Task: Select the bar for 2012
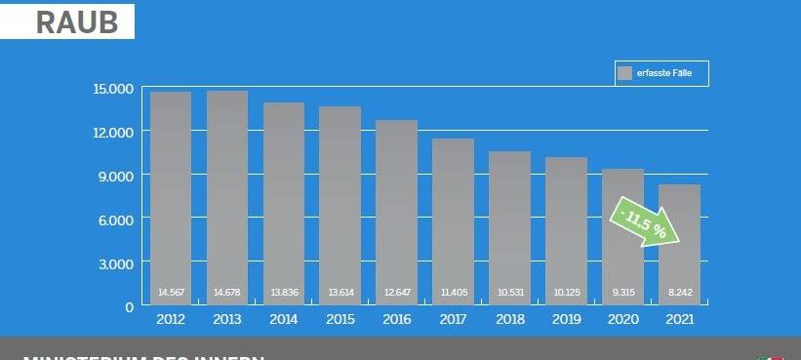(x=171, y=195)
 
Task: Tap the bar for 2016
(x=397, y=210)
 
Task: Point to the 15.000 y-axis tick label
(x=113, y=89)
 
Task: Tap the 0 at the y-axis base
(x=128, y=306)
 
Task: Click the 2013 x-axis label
(x=227, y=319)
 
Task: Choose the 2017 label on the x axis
(x=454, y=319)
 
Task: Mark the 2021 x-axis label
(x=680, y=319)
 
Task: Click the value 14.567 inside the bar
(x=171, y=292)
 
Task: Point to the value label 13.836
(x=284, y=292)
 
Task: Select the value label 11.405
(x=454, y=292)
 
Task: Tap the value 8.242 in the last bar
(x=680, y=292)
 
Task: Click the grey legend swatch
(x=624, y=73)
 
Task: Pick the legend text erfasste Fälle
(x=664, y=73)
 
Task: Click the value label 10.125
(x=567, y=292)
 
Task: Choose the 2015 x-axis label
(x=340, y=319)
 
